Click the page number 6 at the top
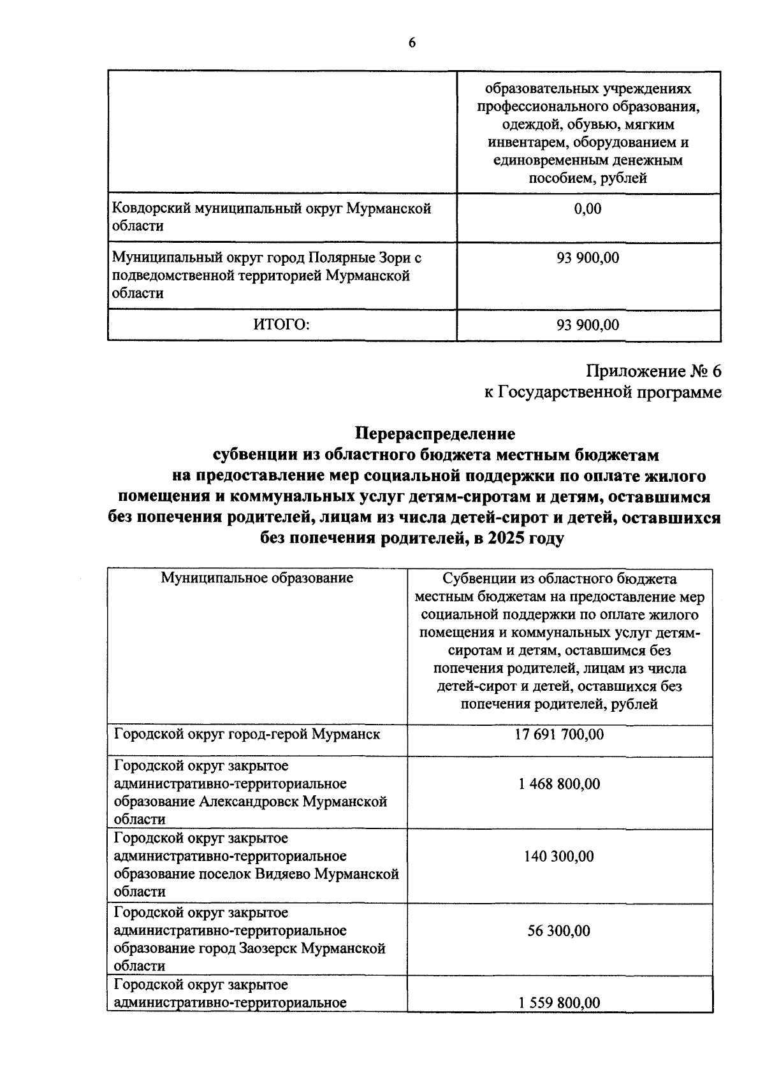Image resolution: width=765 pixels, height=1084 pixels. pos(412,43)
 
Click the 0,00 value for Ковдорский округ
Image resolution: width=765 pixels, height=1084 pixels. pos(587,209)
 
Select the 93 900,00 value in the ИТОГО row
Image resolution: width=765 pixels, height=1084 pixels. pos(587,325)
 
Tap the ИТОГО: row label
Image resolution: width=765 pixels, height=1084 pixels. pos(281,325)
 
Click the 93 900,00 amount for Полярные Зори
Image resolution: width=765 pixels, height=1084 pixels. pos(587,258)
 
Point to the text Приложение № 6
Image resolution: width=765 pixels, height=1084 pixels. pos(653,371)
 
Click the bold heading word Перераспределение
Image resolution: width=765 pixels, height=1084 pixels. pos(435,434)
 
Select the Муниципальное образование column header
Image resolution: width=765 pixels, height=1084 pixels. pos(257,578)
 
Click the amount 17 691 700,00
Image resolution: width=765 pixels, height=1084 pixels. pos(559,734)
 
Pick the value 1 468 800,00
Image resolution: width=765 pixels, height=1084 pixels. pos(559,784)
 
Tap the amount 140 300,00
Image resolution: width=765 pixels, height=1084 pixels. pos(559,856)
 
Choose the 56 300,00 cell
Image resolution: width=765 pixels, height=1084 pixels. pos(559,930)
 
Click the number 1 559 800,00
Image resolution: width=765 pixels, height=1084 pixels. pos(559,1002)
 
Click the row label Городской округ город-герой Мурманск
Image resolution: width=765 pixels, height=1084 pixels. pos(247,734)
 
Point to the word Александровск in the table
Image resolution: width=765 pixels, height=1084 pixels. pos(248,802)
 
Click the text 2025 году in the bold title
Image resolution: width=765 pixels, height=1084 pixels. pos(526,538)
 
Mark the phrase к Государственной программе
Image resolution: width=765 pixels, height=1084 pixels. pos(602,392)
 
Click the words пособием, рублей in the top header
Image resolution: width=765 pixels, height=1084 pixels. pos(587,178)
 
